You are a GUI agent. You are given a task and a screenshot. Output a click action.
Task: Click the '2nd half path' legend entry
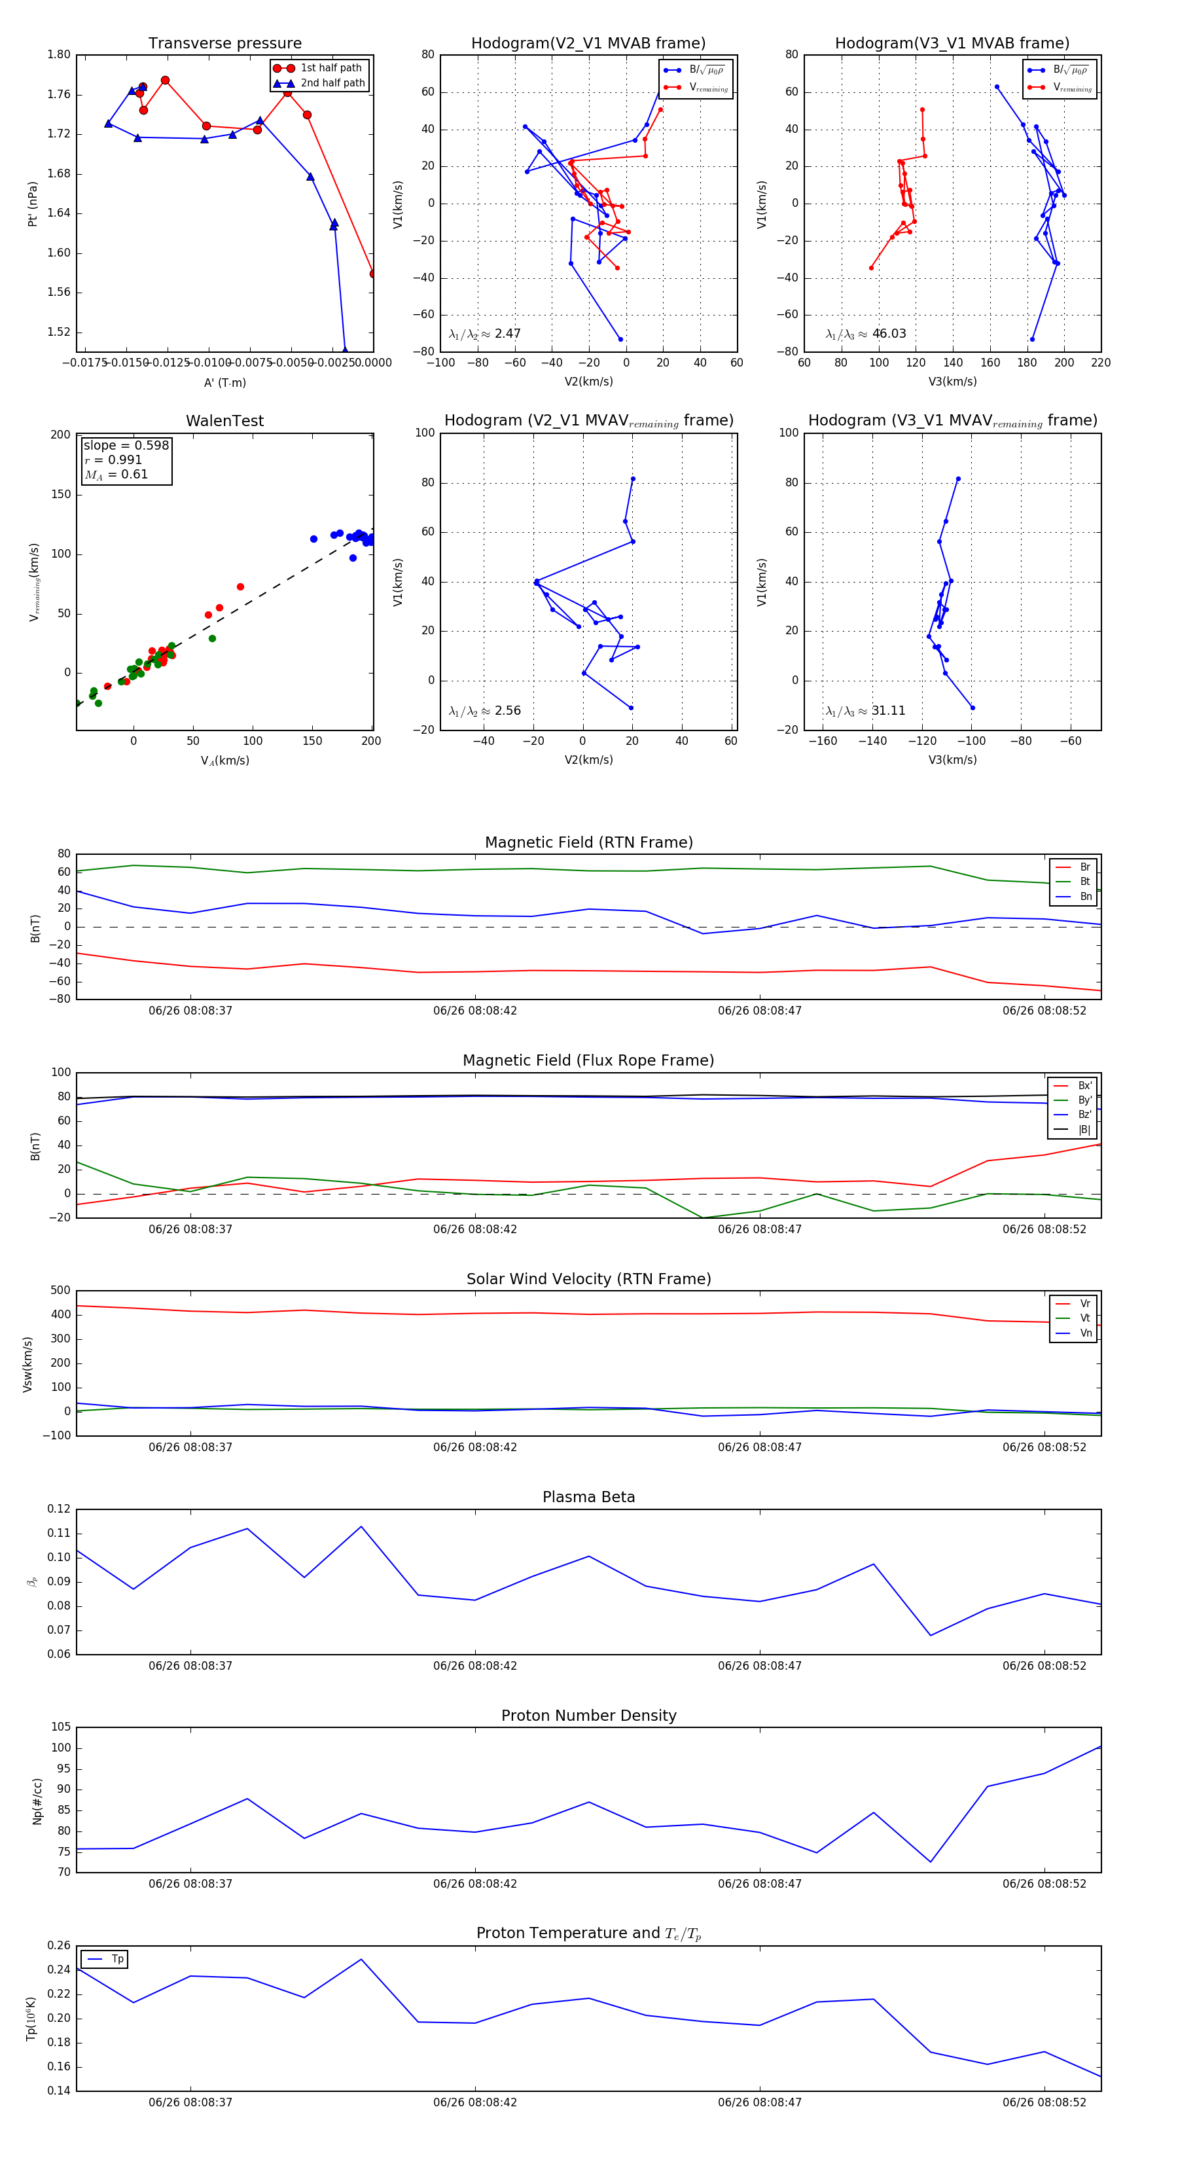tap(332, 83)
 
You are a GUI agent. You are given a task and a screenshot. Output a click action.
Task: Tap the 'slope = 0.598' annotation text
tap(126, 445)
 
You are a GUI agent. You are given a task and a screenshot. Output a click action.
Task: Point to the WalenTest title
tap(224, 421)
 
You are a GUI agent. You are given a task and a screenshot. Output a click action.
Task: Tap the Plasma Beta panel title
tap(588, 1498)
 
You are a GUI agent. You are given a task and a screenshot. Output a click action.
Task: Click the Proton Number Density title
tap(588, 1716)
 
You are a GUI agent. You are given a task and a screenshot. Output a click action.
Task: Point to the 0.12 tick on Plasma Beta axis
tap(59, 1509)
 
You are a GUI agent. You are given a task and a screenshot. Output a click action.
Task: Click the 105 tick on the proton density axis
tap(60, 1727)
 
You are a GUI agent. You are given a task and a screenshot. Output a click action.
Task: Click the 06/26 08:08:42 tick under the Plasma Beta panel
tap(474, 1666)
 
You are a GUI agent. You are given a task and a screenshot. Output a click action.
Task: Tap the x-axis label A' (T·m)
tap(224, 382)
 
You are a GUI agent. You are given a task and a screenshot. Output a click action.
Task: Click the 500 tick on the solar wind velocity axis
tap(60, 1291)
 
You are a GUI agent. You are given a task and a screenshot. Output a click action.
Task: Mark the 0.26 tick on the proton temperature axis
tap(59, 1945)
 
